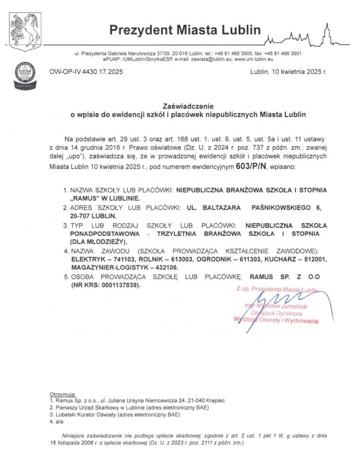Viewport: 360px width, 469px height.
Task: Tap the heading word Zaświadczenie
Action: pos(185,105)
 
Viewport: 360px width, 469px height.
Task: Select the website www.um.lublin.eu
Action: pos(254,60)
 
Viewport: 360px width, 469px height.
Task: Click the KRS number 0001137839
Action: pos(117,285)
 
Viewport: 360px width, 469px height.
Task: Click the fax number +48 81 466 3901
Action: pos(283,54)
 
